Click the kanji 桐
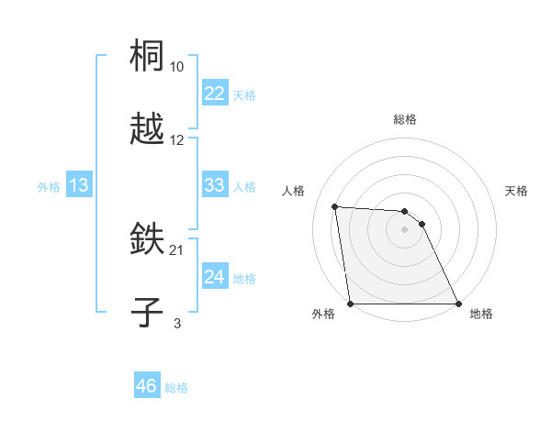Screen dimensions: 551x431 tap(147, 57)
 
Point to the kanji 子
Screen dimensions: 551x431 tap(147, 312)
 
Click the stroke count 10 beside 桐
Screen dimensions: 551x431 tap(177, 67)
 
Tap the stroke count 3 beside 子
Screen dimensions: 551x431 tap(177, 323)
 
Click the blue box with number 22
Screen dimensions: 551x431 tap(214, 94)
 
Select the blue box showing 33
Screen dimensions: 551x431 tap(214, 185)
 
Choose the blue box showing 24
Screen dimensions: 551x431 tap(214, 277)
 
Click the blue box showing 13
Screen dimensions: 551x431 tap(78, 185)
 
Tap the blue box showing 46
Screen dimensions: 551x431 tap(146, 386)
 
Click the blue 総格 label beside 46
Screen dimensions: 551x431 tap(176, 388)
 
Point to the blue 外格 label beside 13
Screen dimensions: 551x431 tap(49, 187)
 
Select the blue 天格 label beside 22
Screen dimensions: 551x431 tap(244, 95)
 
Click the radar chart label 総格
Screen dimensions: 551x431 tap(405, 119)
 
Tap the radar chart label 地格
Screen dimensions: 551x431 tap(481, 315)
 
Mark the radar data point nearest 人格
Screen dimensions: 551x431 tap(335, 206)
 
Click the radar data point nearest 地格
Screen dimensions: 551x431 tap(457, 304)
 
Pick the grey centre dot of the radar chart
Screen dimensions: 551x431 tap(404, 229)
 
